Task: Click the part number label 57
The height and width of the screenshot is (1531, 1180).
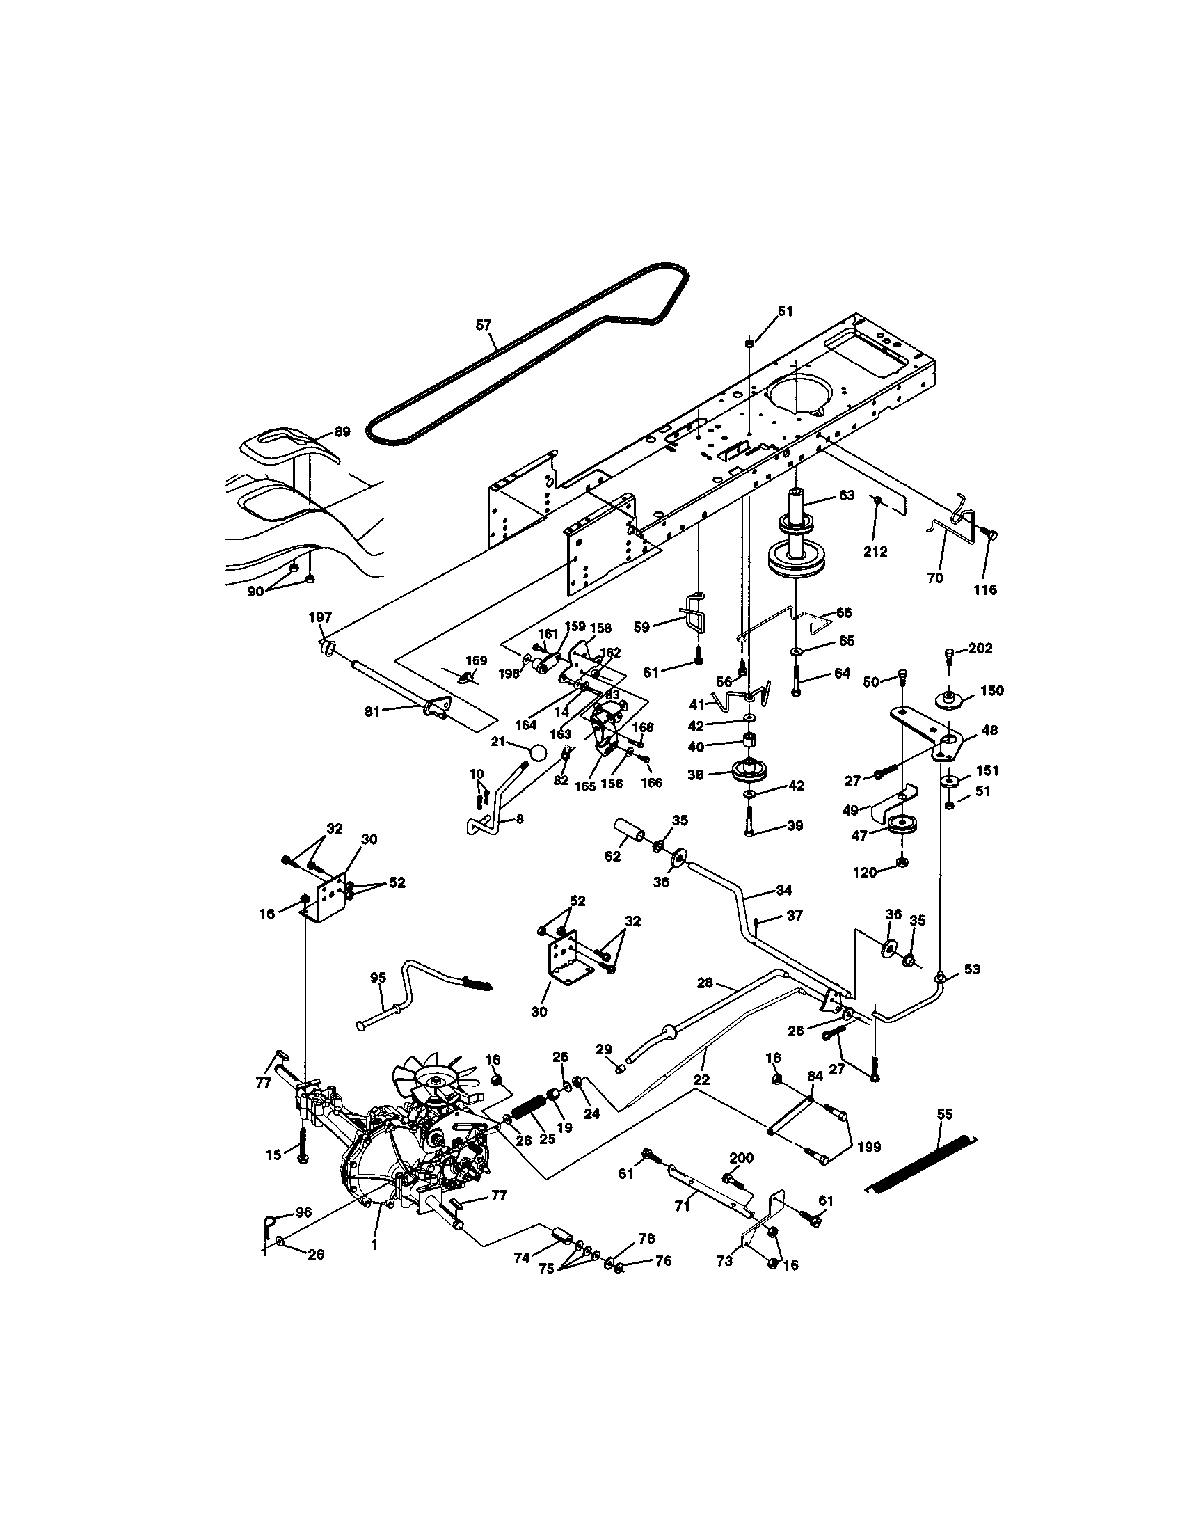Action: (x=484, y=324)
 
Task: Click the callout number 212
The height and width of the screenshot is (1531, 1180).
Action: (x=875, y=552)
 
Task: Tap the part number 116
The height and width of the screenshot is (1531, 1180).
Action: (x=985, y=589)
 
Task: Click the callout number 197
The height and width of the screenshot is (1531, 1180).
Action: (x=320, y=617)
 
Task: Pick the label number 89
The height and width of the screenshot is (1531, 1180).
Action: (x=341, y=432)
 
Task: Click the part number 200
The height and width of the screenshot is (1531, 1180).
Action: (x=741, y=1157)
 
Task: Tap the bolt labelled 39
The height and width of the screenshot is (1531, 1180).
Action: (x=750, y=820)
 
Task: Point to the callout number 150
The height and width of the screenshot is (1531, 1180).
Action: (x=992, y=690)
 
